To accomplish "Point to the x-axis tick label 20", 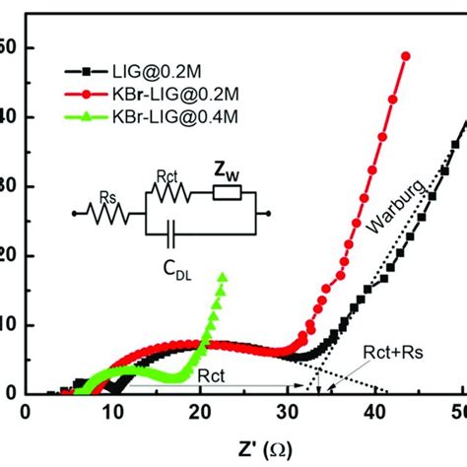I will (x=201, y=412).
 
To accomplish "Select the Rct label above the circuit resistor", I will (x=166, y=177).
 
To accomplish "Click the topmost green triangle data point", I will (x=223, y=278).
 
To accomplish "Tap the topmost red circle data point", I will (x=406, y=56).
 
